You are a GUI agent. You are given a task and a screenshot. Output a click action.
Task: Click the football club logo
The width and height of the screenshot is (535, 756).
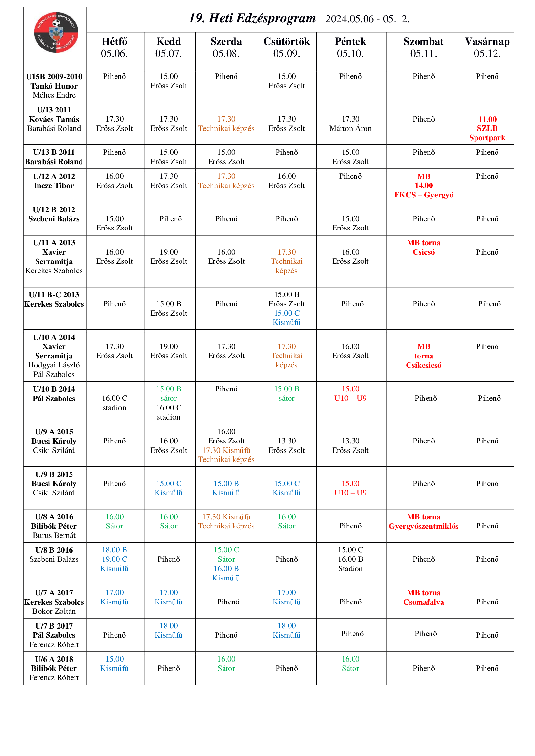pos(56,32)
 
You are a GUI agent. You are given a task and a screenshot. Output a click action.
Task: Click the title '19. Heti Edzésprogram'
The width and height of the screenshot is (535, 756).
pos(252,18)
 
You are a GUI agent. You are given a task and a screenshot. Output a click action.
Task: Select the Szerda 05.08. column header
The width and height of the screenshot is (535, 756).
pos(226,48)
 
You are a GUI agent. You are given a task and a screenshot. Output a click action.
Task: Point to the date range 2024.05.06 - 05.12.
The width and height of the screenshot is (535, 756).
pos(367,19)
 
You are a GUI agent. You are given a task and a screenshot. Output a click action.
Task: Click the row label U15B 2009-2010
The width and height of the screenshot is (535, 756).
pos(54,77)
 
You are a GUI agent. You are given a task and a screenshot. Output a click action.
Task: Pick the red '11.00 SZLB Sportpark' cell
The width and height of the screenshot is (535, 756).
pos(487,128)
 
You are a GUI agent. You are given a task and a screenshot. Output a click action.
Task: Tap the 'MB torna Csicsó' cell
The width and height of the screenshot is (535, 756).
pos(424,248)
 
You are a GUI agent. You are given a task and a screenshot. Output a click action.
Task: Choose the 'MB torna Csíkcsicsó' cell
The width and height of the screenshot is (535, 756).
pos(424,356)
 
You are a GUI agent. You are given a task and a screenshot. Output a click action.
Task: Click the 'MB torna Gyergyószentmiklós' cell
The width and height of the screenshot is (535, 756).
pos(424,522)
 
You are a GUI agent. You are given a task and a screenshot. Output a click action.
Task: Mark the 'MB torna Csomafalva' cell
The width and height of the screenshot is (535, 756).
pos(424,597)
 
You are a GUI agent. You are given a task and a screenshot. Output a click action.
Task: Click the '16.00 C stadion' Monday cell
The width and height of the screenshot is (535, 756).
pos(114,403)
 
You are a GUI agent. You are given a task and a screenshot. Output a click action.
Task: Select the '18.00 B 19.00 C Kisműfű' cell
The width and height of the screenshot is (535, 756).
pos(114,559)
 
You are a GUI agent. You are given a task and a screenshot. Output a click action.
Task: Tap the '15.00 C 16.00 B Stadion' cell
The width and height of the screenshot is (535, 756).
pos(350,559)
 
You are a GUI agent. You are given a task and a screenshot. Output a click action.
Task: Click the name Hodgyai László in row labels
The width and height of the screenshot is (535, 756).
pos(54,365)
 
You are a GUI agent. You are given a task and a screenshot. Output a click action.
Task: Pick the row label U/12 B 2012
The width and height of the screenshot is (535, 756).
pos(54,210)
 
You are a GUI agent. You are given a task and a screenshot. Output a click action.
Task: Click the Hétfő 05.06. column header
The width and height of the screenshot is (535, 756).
pos(114,48)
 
